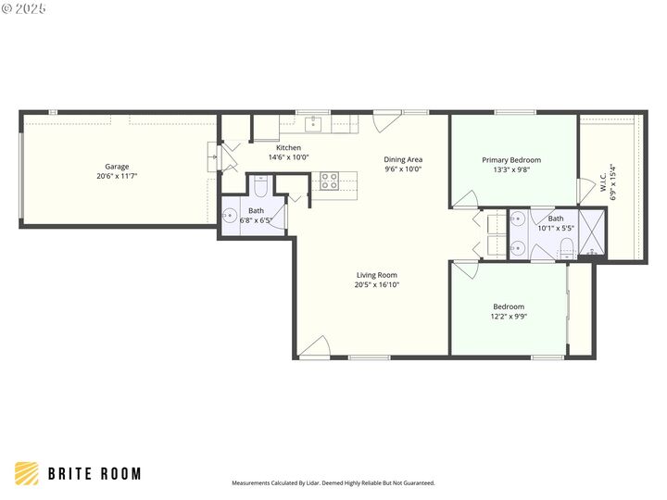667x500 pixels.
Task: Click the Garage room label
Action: click(116, 167)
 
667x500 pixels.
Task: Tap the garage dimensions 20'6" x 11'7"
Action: click(116, 176)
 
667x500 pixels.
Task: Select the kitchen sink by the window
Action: click(314, 120)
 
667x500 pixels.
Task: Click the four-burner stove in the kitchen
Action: click(329, 181)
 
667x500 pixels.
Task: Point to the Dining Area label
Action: click(403, 159)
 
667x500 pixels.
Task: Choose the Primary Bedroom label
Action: click(511, 159)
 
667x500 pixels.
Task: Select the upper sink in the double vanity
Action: click(519, 220)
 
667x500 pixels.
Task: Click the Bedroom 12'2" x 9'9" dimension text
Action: click(509, 317)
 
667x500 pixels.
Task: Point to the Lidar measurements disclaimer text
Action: click(333, 483)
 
